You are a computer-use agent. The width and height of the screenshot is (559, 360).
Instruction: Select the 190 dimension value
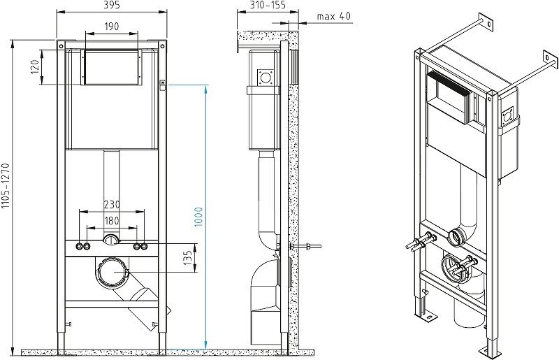click(x=112, y=27)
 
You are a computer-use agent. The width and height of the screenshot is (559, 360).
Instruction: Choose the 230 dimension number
click(x=112, y=205)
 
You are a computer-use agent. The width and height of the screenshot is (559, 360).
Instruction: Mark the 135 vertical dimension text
click(x=187, y=257)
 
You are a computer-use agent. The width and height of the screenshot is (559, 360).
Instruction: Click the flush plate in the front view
click(x=112, y=66)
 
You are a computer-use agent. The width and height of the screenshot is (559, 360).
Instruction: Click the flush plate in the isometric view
click(x=451, y=98)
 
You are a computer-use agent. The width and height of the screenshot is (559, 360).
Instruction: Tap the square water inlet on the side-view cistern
click(x=266, y=75)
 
